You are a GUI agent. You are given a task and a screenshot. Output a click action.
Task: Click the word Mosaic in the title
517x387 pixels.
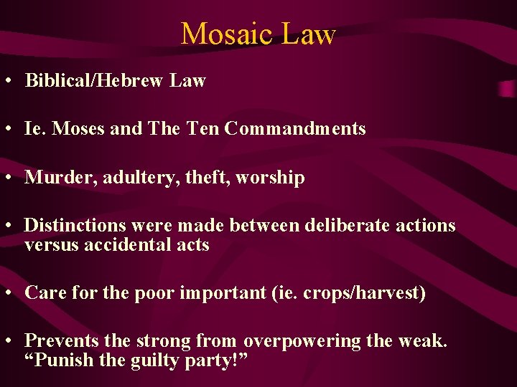223,34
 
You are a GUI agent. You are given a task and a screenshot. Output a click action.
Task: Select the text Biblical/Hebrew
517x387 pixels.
96,80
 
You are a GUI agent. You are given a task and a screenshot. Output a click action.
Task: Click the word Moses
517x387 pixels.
78,129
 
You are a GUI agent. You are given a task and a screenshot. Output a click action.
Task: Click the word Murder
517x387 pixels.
52,178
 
